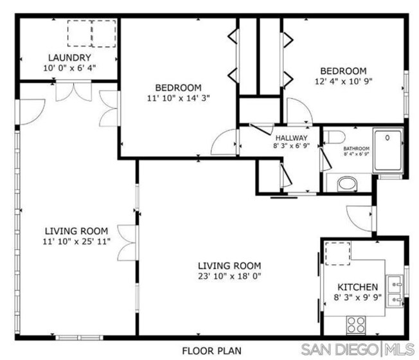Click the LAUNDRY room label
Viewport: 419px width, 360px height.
[69, 57]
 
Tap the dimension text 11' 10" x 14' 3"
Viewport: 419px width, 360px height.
[179, 98]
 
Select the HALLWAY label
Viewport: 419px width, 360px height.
[292, 138]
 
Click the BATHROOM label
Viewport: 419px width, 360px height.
[357, 148]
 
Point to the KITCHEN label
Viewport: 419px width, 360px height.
[357, 287]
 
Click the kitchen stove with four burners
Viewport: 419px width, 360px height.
[355, 325]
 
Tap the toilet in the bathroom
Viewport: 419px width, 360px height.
[334, 137]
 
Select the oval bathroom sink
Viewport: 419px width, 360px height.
[347, 184]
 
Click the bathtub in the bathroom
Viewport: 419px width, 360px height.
[388, 150]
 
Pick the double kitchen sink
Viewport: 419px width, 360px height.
[395, 291]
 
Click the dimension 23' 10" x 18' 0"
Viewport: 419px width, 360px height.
[229, 276]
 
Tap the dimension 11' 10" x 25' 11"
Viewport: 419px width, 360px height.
[76, 241]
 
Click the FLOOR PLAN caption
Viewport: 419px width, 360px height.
[211, 350]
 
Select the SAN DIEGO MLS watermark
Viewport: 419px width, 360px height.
[357, 349]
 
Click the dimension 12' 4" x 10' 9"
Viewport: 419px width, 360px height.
[343, 81]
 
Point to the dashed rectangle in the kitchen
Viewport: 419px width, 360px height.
[337, 254]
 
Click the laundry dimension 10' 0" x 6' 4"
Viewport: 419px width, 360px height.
[69, 68]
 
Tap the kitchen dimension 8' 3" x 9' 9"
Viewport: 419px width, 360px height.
[357, 297]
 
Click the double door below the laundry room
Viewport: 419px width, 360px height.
[74, 91]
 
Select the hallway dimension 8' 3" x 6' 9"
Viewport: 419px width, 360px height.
[292, 146]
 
